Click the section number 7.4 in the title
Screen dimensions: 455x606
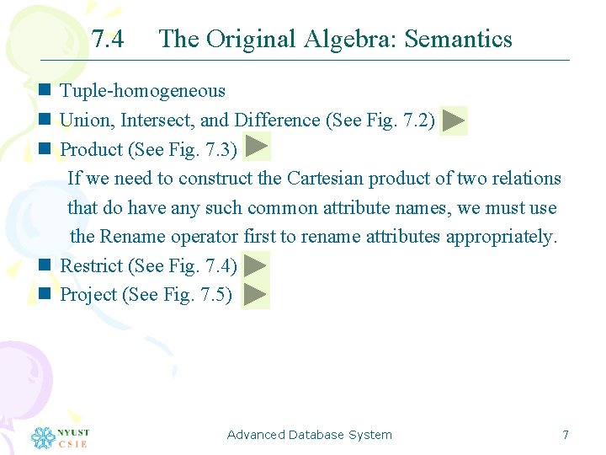[x=107, y=39]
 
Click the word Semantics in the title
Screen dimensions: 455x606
[x=462, y=39]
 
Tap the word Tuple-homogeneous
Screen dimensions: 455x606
[x=143, y=91]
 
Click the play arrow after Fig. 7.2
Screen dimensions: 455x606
[x=454, y=120]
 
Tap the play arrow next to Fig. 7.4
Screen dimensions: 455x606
[x=256, y=265]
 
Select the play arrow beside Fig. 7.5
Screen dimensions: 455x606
[x=255, y=295]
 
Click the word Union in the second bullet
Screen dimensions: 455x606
[x=83, y=120]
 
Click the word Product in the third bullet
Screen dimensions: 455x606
[x=92, y=150]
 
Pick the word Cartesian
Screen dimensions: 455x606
[x=322, y=179]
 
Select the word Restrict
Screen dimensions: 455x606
[x=92, y=266]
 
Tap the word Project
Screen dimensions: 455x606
[x=88, y=296]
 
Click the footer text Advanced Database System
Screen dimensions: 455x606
[x=309, y=435]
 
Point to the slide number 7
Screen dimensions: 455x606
[x=566, y=435]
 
